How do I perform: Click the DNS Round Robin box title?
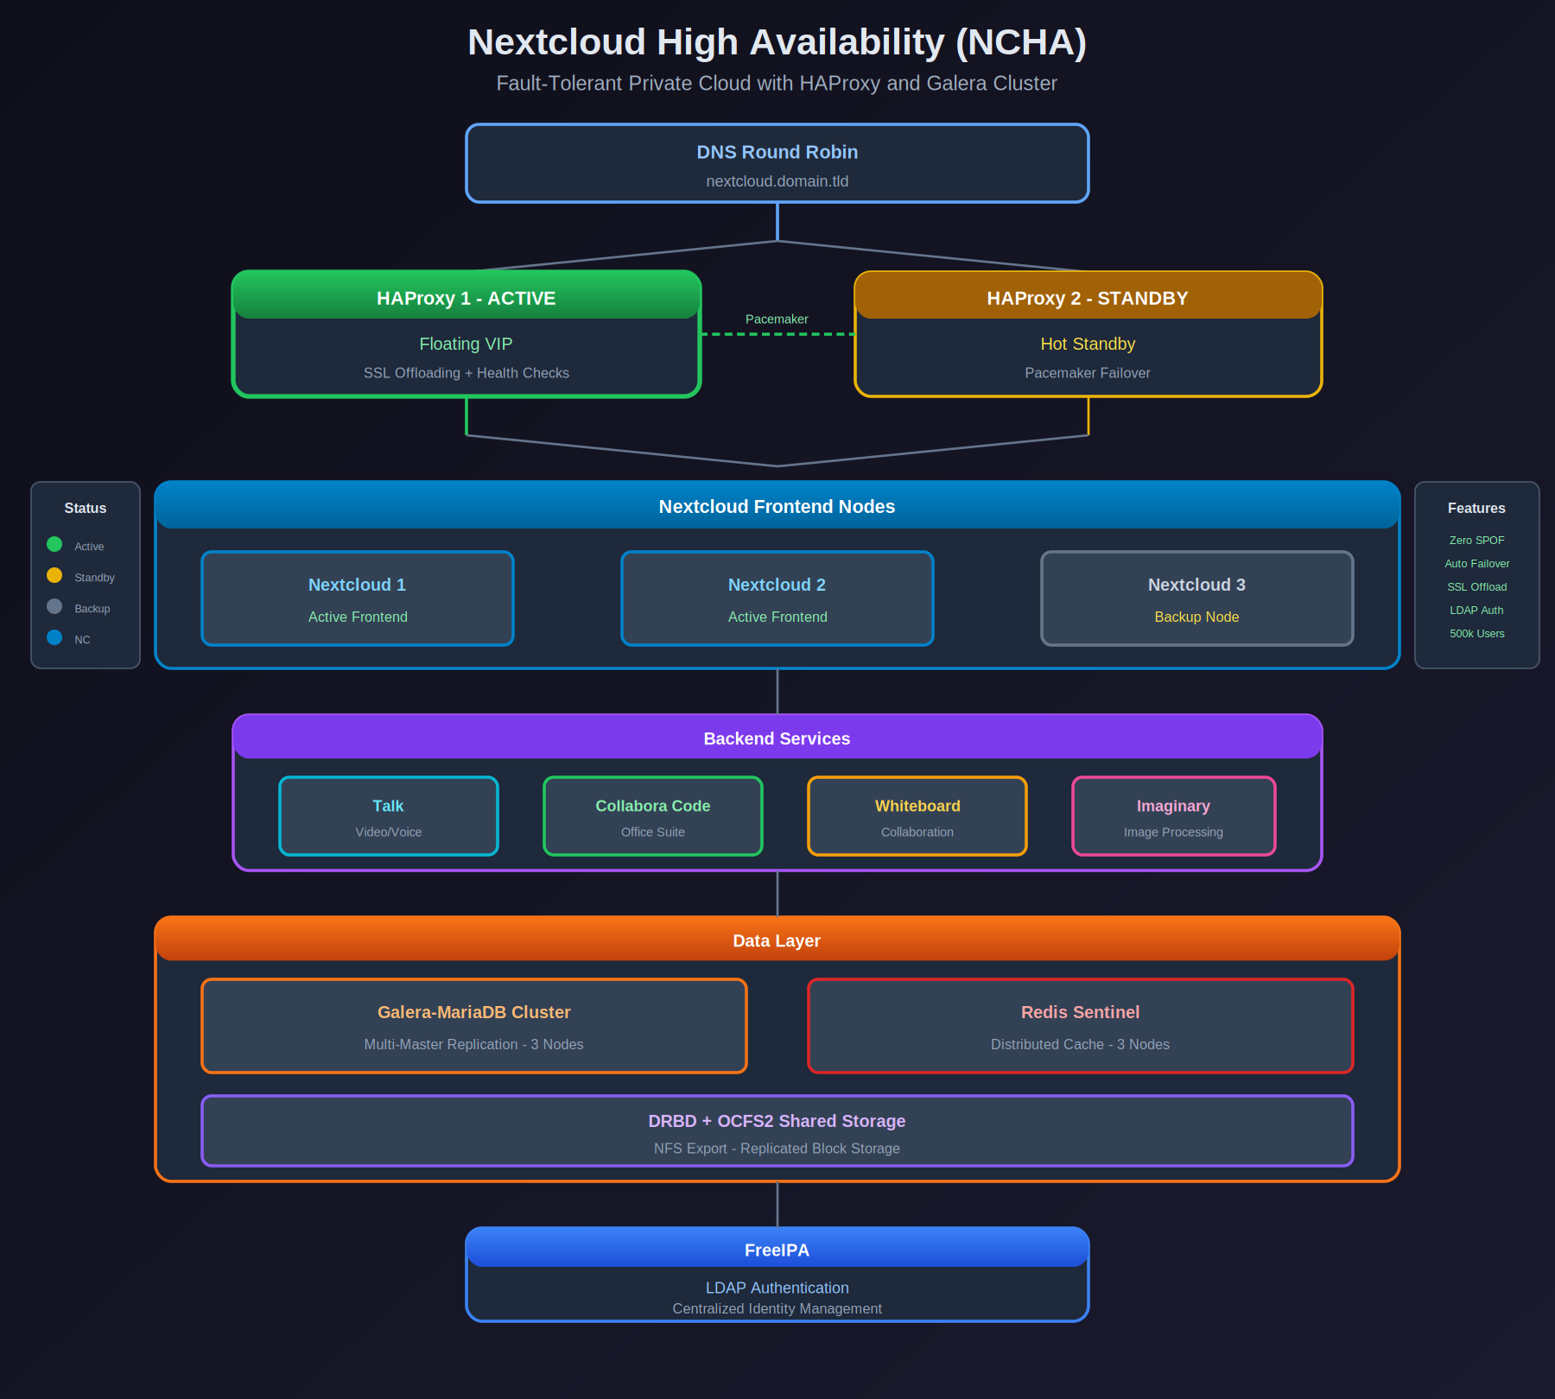pyautogui.click(x=777, y=152)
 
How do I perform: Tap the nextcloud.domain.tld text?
pyautogui.click(x=777, y=181)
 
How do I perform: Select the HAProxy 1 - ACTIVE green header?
pyautogui.click(x=466, y=298)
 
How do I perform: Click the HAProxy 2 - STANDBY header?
pyautogui.click(x=1088, y=298)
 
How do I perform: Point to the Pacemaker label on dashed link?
pyautogui.click(x=777, y=319)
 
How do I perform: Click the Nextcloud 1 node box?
pyautogui.click(x=358, y=598)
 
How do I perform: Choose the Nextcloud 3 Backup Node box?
pyautogui.click(x=1196, y=598)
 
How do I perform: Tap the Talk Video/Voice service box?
pyautogui.click(x=389, y=816)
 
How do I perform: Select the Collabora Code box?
pyautogui.click(x=653, y=816)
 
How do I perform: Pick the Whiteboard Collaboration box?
pyautogui.click(x=917, y=816)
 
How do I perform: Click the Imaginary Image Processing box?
pyautogui.click(x=1173, y=816)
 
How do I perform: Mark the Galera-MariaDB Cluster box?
pyautogui.click(x=473, y=1026)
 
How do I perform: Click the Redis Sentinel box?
pyautogui.click(x=1080, y=1026)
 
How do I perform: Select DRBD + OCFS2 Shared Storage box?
pyautogui.click(x=777, y=1131)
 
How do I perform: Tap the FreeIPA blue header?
pyautogui.click(x=777, y=1250)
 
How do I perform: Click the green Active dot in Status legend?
pyautogui.click(x=54, y=544)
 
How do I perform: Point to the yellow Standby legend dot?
pyautogui.click(x=54, y=575)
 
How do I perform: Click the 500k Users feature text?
pyautogui.click(x=1476, y=634)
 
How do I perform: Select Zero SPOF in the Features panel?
pyautogui.click(x=1476, y=541)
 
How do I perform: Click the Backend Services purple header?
pyautogui.click(x=777, y=738)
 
